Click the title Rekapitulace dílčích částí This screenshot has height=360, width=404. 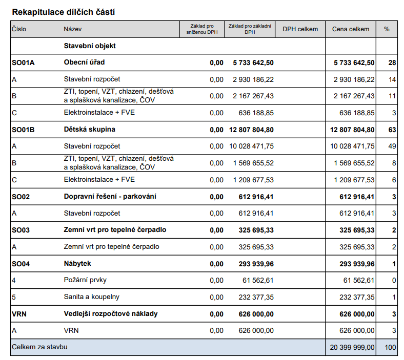(64, 12)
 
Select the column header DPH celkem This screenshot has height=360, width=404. (300, 29)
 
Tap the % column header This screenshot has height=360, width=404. (387, 29)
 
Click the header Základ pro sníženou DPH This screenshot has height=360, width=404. (202, 29)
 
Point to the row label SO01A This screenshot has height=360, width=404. (23, 62)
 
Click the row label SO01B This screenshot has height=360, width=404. (23, 130)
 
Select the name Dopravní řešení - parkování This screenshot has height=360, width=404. (110, 197)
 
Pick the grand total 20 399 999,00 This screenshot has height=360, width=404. (352, 347)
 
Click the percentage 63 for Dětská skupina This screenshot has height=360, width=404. (392, 130)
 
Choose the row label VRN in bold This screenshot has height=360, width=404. (19, 314)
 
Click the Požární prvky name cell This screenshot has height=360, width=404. (85, 280)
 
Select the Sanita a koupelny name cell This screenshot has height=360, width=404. (92, 297)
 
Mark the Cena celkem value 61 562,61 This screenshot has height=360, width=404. (359, 280)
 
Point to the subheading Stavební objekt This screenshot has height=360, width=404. (90, 46)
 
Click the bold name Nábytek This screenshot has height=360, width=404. (77, 264)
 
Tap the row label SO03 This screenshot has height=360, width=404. (21, 230)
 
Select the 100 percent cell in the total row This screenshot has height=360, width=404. (390, 347)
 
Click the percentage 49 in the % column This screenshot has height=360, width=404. (392, 146)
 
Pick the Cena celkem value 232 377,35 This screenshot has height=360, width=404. (357, 297)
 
